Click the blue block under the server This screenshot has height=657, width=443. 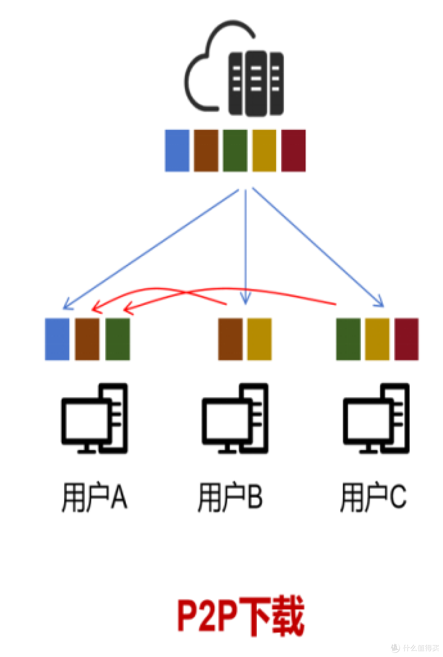click(177, 150)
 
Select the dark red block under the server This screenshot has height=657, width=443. click(293, 150)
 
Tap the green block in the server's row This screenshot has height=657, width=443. click(235, 150)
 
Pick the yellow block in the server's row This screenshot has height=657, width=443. click(264, 150)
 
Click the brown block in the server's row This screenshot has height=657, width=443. click(206, 150)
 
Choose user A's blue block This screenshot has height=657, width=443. click(57, 339)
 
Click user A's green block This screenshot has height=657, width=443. click(118, 339)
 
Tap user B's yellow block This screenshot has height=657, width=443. click(259, 339)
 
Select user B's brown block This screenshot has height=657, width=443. click(230, 339)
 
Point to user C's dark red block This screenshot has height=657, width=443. click(406, 339)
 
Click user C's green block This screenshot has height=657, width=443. click(348, 339)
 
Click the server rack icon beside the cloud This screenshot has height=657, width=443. click(256, 83)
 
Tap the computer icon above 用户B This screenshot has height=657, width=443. click(235, 419)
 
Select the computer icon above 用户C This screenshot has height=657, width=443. click(376, 419)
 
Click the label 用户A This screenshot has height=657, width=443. click(94, 497)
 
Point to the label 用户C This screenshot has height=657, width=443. click(373, 497)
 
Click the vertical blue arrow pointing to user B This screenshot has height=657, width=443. click(246, 246)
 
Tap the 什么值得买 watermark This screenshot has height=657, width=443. click(415, 648)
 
